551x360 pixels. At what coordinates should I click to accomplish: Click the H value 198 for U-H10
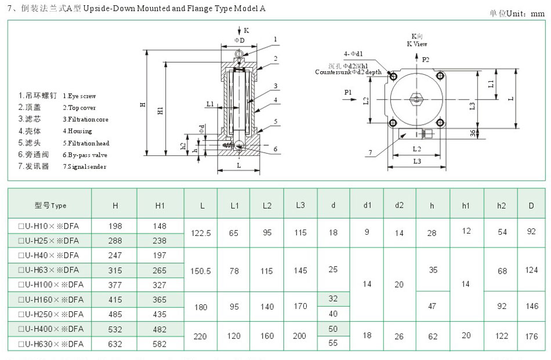coord(115,226)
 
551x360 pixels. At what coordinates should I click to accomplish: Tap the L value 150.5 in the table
coord(201,270)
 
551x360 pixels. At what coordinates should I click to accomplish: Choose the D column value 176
coord(531,336)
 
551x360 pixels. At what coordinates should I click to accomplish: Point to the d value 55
coord(333,343)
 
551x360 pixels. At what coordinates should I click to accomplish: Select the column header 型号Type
coord(50,205)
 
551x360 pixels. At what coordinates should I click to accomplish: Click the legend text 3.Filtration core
coord(85,119)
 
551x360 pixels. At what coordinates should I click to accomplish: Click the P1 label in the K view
coord(348,92)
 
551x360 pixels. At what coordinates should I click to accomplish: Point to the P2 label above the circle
coord(426,59)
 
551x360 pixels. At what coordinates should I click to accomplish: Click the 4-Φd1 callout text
coord(353,53)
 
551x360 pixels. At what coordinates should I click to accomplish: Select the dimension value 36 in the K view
coord(472,133)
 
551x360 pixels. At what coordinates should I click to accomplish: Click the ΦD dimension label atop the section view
coord(240,39)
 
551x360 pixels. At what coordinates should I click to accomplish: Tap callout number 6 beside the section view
coord(275,149)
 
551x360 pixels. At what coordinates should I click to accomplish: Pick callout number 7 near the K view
coord(369,153)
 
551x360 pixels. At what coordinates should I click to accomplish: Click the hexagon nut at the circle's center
coord(416,99)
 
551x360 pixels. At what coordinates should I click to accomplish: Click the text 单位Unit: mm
coord(517,13)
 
